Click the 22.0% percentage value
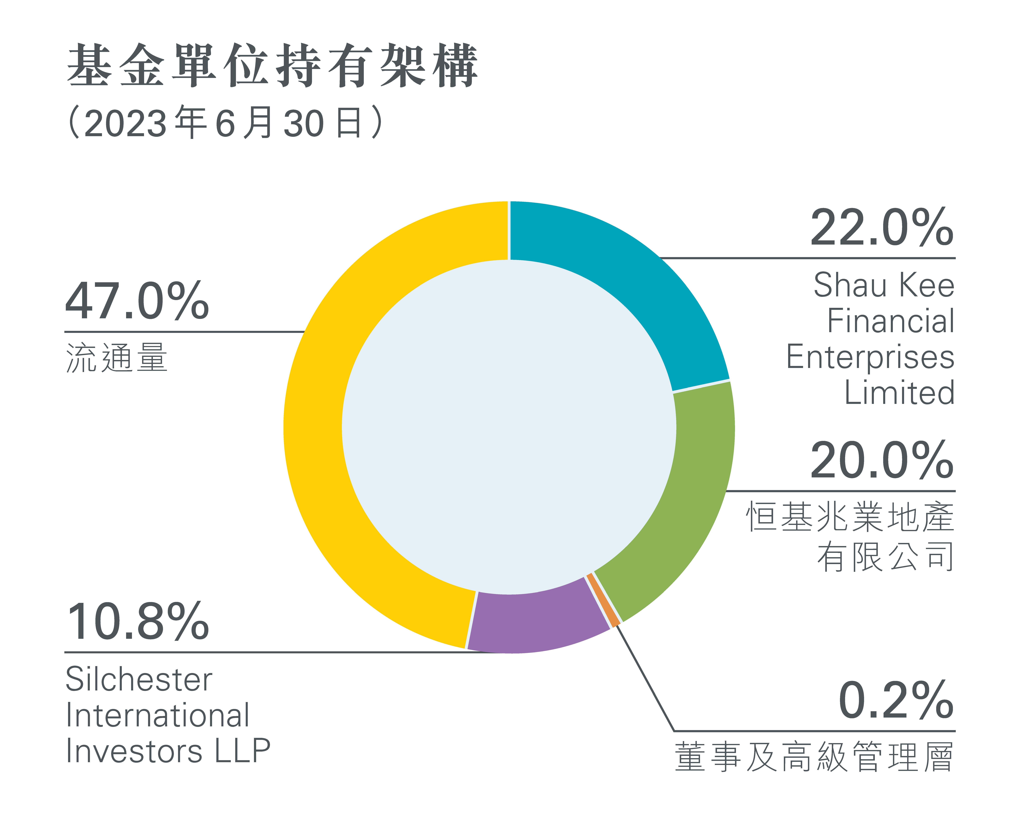pos(882,228)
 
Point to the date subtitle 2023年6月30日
pos(225,122)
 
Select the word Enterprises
pos(870,357)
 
